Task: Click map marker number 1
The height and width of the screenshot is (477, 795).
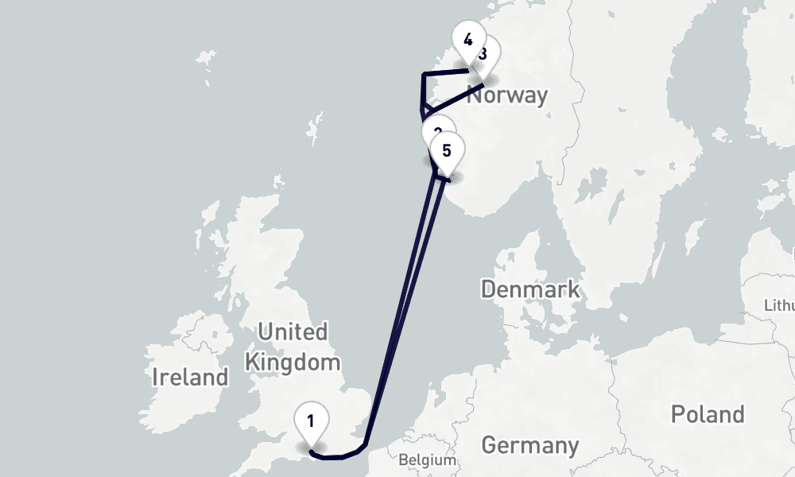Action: (312, 421)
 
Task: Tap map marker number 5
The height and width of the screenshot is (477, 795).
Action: (447, 150)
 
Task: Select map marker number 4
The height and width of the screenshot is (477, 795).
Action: (468, 41)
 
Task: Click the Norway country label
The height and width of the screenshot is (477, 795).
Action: (507, 96)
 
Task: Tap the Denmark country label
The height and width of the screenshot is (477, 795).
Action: (530, 289)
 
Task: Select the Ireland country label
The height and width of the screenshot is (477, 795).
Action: (190, 377)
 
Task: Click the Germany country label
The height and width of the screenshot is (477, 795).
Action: (530, 445)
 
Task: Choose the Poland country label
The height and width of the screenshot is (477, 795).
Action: (708, 414)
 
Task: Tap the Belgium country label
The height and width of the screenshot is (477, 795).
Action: (427, 460)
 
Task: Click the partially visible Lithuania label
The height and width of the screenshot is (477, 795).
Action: (779, 305)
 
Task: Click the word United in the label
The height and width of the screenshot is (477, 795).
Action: (293, 332)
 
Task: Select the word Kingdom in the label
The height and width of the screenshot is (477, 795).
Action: (293, 363)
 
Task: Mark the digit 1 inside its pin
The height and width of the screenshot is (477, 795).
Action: (312, 421)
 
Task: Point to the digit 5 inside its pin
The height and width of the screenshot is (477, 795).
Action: (447, 149)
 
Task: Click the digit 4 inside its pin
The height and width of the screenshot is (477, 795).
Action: (468, 40)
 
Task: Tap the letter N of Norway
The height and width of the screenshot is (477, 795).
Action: (475, 96)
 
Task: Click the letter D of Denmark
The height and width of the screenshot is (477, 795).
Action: (489, 289)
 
